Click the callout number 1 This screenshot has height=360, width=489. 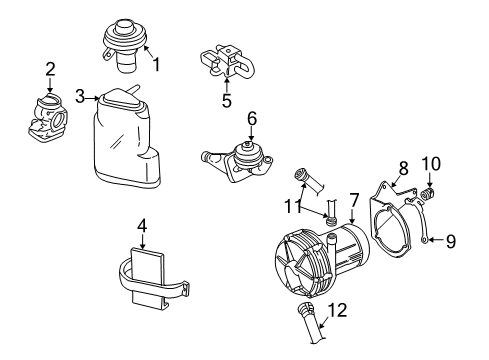coord(156,64)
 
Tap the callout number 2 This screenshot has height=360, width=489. coord(50,69)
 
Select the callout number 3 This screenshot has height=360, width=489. coord(80,96)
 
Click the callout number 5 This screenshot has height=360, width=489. coord(227,100)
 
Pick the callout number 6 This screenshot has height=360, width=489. coord(252,119)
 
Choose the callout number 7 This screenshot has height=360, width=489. coord(354,201)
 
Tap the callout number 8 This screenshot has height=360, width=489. coord(403,168)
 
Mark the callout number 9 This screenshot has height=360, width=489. coord(451,241)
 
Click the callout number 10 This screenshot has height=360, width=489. coord(431,164)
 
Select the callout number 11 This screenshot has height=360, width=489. coord(293,206)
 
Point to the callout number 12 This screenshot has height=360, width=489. coord(338,310)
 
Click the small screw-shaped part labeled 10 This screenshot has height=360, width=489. coord(429,193)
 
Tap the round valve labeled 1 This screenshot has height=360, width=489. coord(124,45)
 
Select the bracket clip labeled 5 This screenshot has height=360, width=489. coord(228,61)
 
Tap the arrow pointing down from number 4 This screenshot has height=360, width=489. coord(142,241)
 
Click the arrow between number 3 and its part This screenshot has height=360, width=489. coord(93,98)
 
